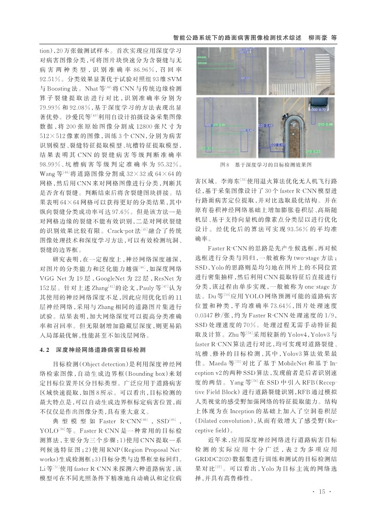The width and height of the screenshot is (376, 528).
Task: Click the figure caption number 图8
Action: [225, 165]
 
